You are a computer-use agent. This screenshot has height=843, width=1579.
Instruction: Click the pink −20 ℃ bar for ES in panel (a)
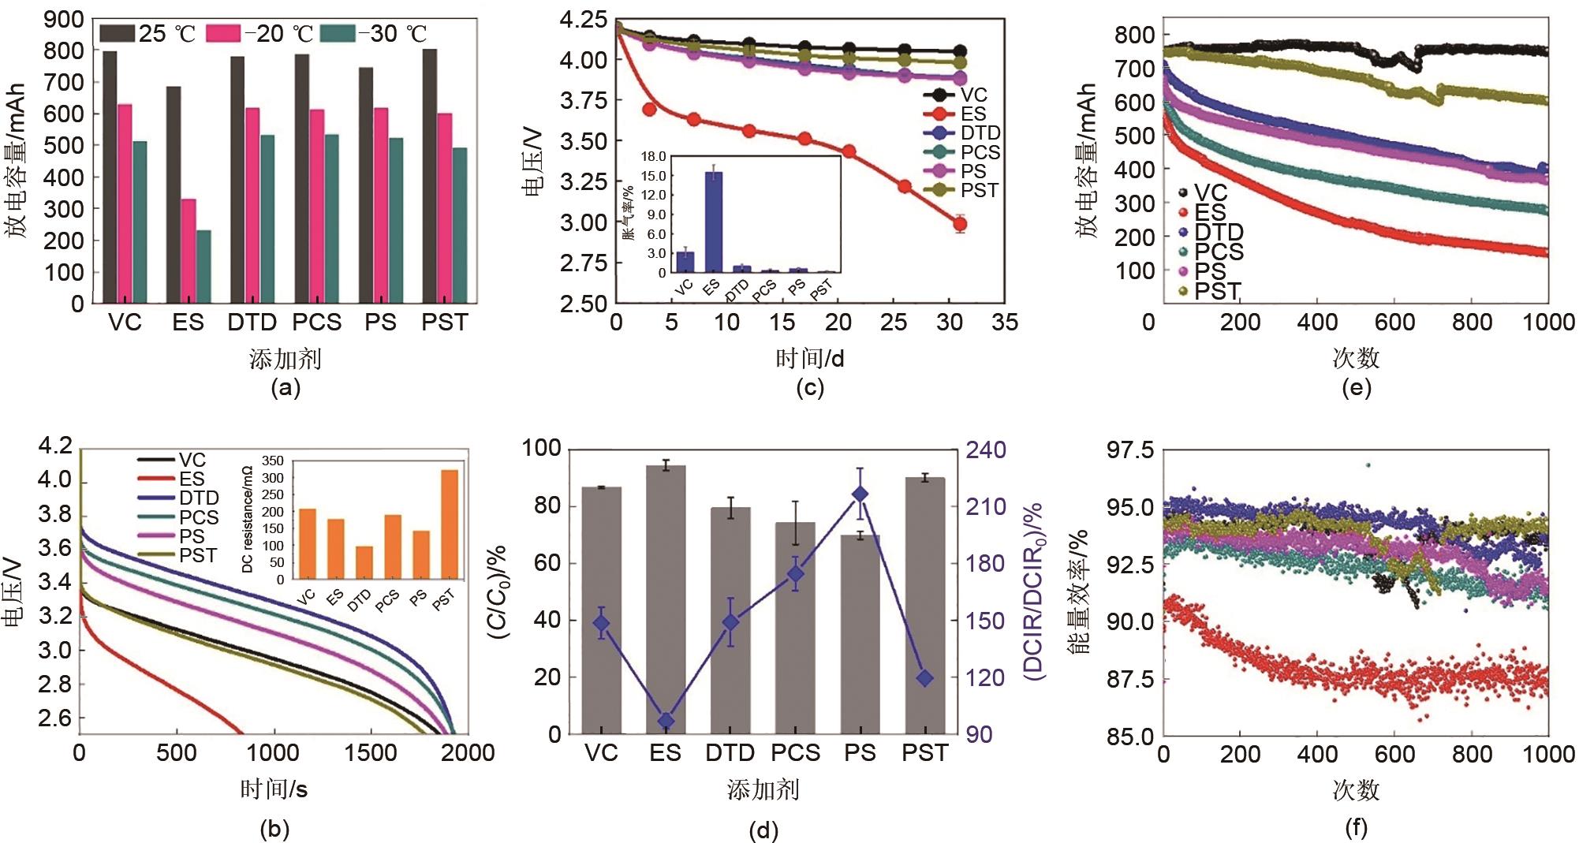tap(189, 251)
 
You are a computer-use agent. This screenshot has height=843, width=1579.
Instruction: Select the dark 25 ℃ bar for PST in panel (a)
tap(430, 176)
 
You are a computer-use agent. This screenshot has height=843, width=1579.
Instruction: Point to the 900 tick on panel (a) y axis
tap(64, 19)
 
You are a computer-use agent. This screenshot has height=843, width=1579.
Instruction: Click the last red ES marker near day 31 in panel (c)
tap(960, 224)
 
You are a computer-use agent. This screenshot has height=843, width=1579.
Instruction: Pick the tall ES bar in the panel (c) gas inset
tap(713, 222)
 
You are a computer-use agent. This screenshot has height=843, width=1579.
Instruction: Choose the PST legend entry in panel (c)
tap(980, 190)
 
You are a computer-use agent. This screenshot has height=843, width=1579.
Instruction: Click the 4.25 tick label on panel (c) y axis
tap(583, 19)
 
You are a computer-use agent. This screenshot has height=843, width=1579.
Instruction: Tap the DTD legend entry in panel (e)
tap(1219, 232)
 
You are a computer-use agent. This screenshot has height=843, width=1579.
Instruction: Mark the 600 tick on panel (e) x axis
tap(1394, 322)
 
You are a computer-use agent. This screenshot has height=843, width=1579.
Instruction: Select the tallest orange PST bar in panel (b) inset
tap(450, 524)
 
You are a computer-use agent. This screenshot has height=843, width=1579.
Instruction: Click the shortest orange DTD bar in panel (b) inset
tap(364, 562)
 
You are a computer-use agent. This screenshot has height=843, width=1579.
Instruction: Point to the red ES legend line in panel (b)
tap(155, 479)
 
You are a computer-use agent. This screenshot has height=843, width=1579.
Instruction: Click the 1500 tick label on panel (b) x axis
tap(370, 752)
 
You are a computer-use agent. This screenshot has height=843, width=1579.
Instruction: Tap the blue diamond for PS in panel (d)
tap(860, 494)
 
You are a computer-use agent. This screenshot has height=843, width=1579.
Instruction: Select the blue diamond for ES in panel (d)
tap(666, 721)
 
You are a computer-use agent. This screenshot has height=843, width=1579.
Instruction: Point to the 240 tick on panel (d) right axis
tap(987, 449)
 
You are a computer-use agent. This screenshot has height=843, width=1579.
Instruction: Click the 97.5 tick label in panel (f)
tap(1130, 450)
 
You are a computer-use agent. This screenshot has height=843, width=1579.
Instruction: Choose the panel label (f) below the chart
tap(1356, 826)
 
